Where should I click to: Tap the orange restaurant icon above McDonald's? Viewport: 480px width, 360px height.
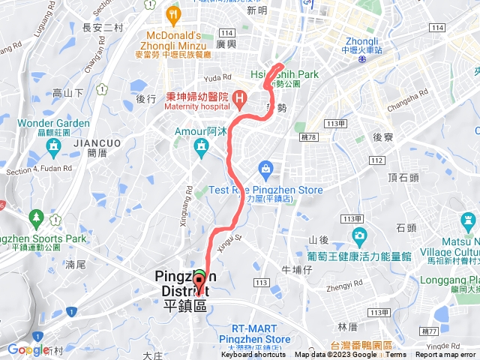point(174,13)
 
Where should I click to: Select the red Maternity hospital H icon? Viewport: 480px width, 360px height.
point(239,97)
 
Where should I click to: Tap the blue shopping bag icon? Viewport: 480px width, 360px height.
point(264,167)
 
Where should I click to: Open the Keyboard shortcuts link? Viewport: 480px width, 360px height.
point(254,355)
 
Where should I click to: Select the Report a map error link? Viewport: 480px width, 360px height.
point(445,355)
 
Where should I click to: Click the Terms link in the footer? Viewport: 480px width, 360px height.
point(396,355)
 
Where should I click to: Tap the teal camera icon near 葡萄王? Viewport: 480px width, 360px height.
point(359,238)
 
